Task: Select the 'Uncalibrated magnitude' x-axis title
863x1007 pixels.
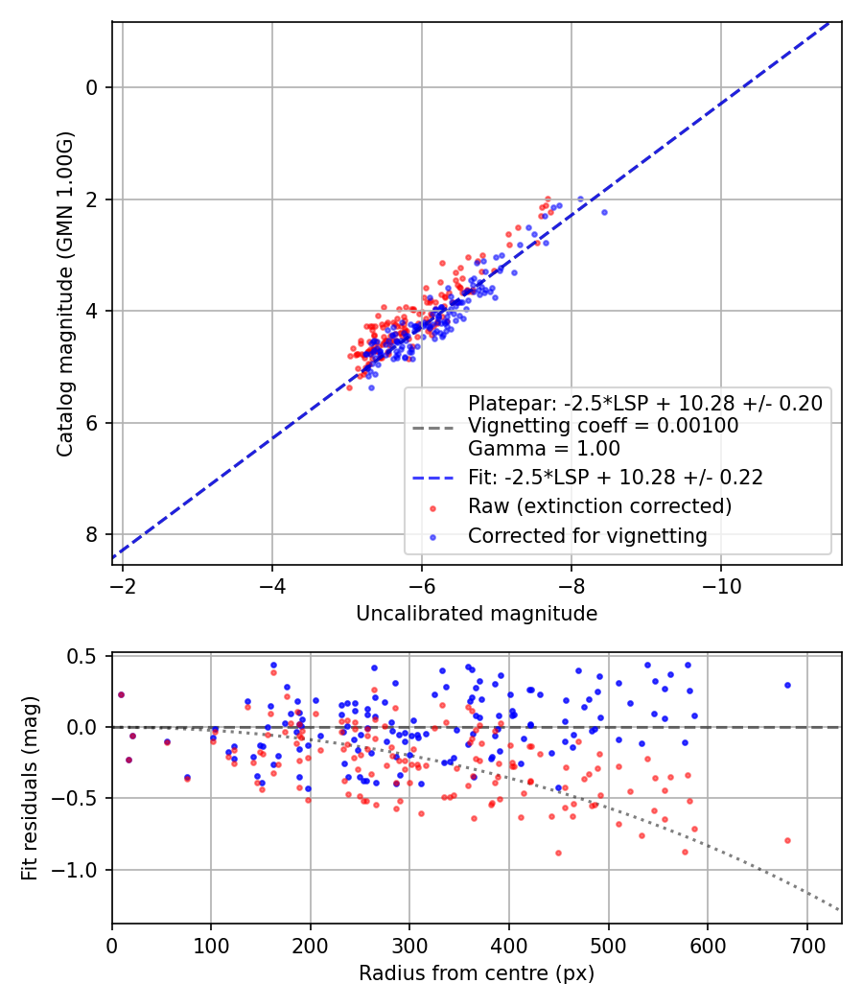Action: pos(477,614)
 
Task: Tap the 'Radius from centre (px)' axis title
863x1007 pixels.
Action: pos(477,973)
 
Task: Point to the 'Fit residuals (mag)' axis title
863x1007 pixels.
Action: pos(30,788)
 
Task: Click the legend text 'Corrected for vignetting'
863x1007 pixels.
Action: pos(587,536)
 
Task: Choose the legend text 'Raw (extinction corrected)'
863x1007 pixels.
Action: pos(599,505)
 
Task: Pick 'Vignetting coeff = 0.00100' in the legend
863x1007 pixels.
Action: pos(603,426)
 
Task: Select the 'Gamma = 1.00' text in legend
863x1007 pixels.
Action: pos(544,448)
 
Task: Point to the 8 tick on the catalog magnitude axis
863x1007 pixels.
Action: pos(92,534)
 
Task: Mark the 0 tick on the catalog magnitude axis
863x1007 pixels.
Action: pos(92,87)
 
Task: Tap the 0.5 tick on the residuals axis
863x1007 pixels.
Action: pos(86,656)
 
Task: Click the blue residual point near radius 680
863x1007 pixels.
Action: pos(787,685)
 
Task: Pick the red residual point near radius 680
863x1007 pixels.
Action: pos(787,840)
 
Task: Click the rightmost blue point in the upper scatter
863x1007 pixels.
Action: pos(604,212)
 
